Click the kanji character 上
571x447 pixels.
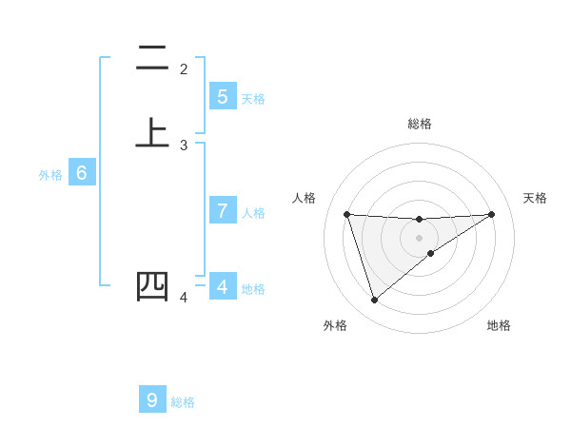coord(152,132)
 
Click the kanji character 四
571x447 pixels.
coord(152,286)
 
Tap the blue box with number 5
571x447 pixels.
coord(222,96)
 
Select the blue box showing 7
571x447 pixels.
coord(222,211)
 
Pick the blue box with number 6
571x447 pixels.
coord(82,173)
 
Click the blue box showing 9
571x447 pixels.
coord(152,400)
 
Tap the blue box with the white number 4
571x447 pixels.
coord(222,286)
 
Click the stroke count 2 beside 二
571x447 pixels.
coord(184,69)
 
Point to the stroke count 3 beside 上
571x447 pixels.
coord(184,146)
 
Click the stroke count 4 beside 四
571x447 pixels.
coord(184,299)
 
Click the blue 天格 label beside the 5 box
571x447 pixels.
coord(253,99)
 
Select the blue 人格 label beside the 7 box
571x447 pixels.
coord(253,213)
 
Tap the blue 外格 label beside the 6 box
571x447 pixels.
coord(50,175)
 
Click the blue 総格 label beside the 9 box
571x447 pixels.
coord(183,402)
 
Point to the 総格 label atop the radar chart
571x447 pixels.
coord(420,124)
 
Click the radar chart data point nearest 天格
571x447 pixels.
coord(491,214)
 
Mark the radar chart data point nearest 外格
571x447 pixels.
coord(374,300)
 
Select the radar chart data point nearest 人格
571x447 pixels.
coord(346,214)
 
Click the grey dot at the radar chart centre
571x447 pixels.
coord(420,237)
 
